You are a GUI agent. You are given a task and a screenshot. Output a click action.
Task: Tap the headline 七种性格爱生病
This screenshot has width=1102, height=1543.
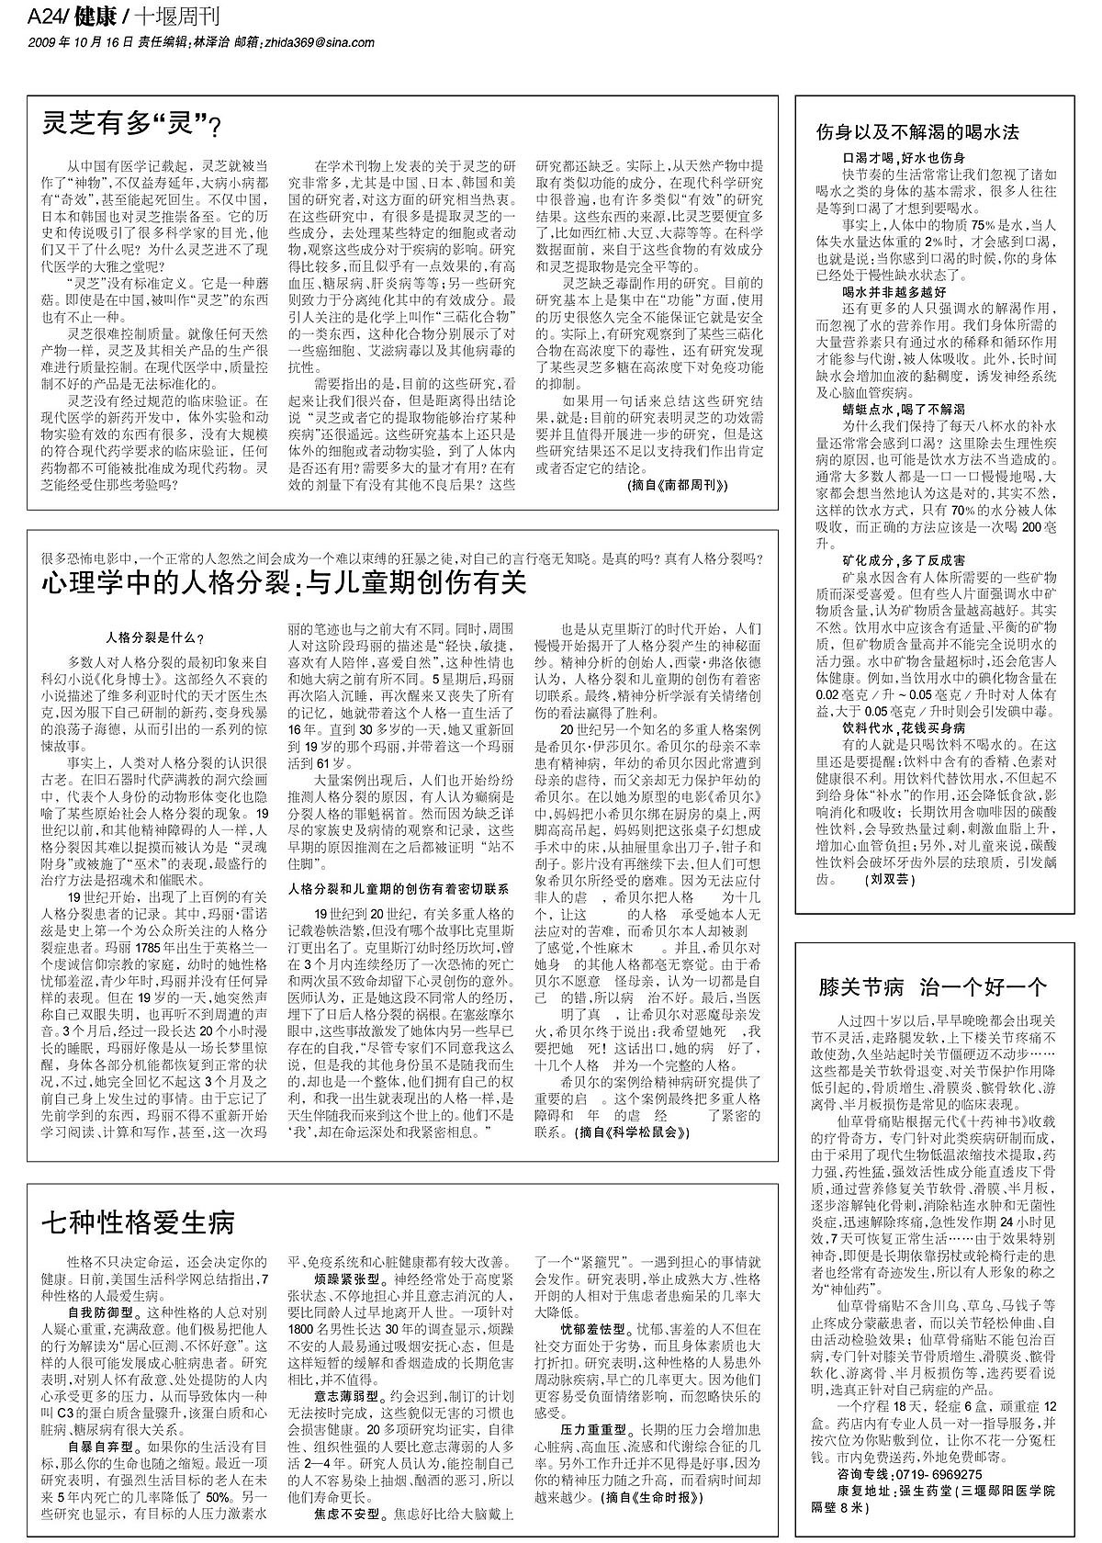(x=138, y=1222)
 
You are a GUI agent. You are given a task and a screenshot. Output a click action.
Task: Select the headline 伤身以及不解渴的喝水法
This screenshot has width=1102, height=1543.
(x=917, y=131)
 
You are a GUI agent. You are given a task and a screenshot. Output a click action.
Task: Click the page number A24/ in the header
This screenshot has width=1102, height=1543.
(x=45, y=17)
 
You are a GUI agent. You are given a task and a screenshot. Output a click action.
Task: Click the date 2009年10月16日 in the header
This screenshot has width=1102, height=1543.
(x=81, y=41)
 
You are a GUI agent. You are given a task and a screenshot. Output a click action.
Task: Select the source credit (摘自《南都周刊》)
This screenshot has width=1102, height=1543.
(x=679, y=484)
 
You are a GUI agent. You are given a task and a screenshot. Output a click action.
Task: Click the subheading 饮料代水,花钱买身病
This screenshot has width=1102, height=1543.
(x=904, y=726)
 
